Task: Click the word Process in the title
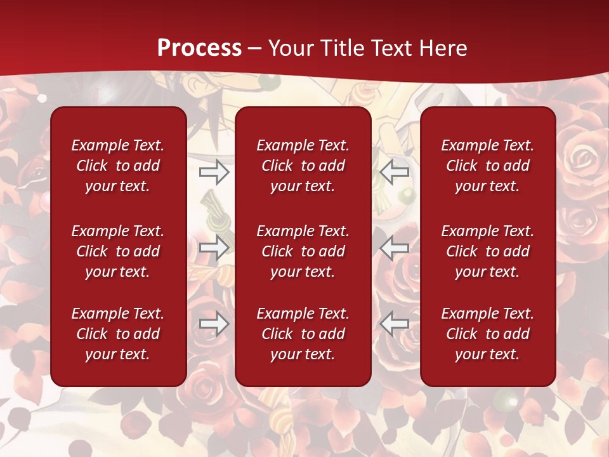tap(199, 48)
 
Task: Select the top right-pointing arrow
tap(214, 171)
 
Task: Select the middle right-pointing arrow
tap(214, 248)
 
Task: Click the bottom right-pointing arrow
tap(214, 324)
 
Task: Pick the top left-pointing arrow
tap(395, 171)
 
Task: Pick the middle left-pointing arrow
tap(395, 248)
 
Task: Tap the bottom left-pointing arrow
tap(395, 324)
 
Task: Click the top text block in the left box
tap(118, 166)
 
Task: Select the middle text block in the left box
tap(118, 251)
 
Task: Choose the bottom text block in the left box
tap(118, 334)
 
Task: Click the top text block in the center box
tap(303, 166)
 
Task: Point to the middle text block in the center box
tap(303, 251)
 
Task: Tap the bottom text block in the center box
tap(303, 334)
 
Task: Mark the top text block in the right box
tap(488, 166)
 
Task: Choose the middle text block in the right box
tap(488, 251)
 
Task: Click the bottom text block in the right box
tap(488, 334)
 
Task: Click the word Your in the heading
tap(290, 48)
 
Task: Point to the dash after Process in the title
tap(254, 49)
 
